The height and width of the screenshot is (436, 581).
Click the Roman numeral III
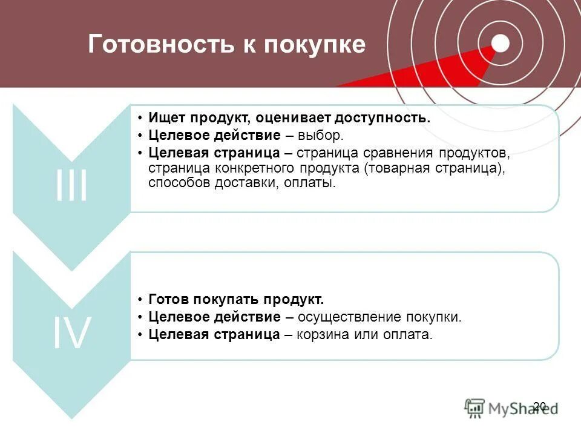71,186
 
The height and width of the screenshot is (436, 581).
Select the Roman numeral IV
71,333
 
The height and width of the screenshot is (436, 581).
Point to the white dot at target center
500,43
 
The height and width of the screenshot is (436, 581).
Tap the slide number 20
540,406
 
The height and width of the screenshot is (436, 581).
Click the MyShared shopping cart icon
475,408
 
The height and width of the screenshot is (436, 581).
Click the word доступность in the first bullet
387,118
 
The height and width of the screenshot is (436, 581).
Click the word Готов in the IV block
169,299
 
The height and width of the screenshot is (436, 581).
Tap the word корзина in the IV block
322,334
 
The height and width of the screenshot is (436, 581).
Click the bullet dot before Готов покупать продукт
140,300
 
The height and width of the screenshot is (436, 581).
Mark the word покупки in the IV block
438,317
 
